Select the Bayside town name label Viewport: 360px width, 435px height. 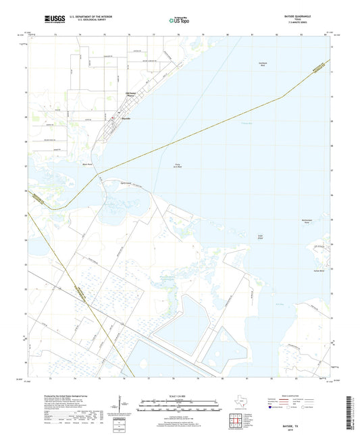pos(125,118)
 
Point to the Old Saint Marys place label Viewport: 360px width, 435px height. pos(131,94)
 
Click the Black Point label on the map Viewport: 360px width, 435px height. pos(86,164)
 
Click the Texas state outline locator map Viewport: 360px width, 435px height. pos(241,406)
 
